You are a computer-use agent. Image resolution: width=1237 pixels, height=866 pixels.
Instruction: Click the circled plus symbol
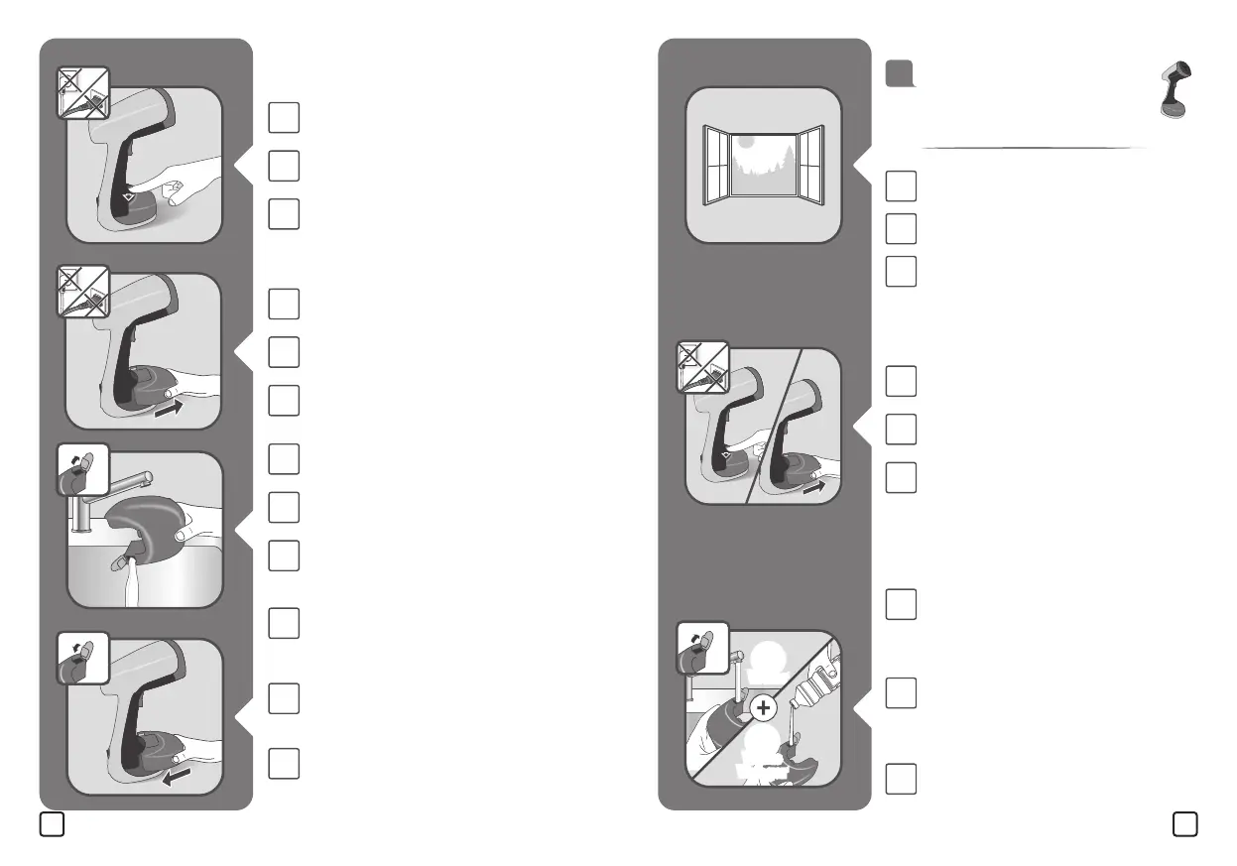coord(763,707)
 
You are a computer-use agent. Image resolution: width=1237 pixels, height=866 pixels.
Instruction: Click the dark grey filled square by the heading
coord(900,73)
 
